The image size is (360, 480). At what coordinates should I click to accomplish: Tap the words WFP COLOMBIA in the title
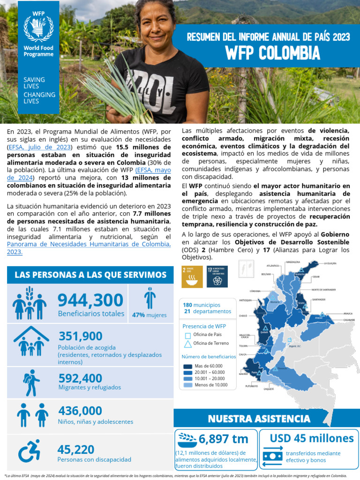pos(273,54)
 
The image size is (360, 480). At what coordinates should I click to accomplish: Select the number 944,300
pos(90,300)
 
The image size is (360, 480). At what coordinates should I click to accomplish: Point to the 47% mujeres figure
pos(150,315)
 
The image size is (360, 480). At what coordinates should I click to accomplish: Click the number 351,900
pos(81,336)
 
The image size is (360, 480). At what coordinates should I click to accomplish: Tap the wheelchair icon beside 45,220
pos(30,453)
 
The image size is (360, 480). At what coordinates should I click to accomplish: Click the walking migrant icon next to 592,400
pos(31,382)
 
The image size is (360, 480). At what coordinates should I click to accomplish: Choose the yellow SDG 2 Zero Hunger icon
pos(192,277)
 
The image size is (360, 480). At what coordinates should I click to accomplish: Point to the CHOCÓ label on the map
pos(243,316)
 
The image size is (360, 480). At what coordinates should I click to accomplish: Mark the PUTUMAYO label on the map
pos(251,386)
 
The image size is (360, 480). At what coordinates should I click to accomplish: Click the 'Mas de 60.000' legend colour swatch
pos(187,366)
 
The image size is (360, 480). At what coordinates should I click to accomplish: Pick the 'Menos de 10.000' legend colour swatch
pos(187,385)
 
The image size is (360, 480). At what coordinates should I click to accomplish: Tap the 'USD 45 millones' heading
pos(312,438)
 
